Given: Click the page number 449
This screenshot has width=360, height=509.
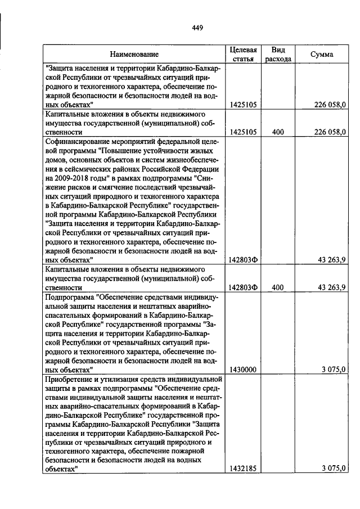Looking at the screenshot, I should [x=197, y=28].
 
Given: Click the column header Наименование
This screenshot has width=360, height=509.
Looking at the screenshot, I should [x=134, y=55].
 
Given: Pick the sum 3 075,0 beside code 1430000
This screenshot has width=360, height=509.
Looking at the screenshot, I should [x=334, y=370].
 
